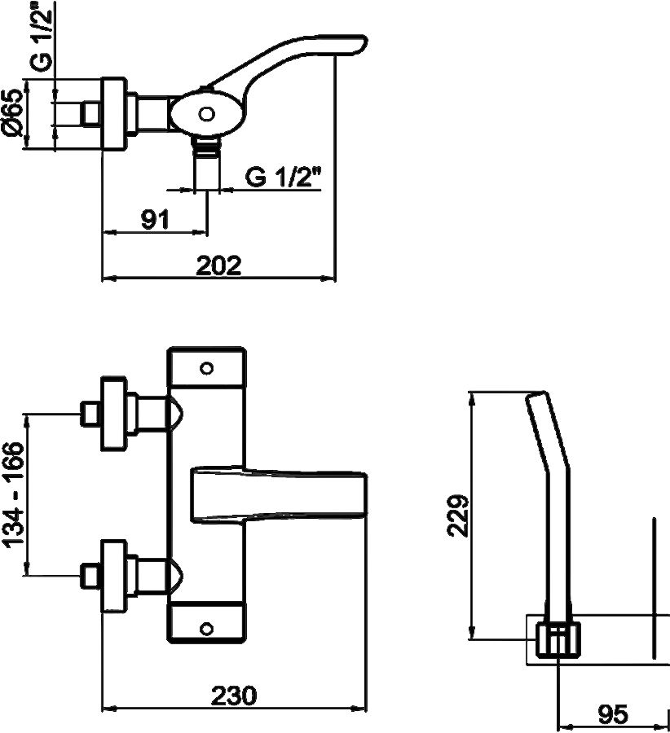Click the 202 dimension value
click(x=218, y=266)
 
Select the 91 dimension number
click(x=154, y=219)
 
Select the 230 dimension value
click(x=234, y=696)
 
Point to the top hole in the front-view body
click(x=207, y=367)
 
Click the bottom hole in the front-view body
click(x=207, y=628)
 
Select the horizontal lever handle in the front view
click(x=277, y=494)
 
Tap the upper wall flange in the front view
click(x=113, y=414)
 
